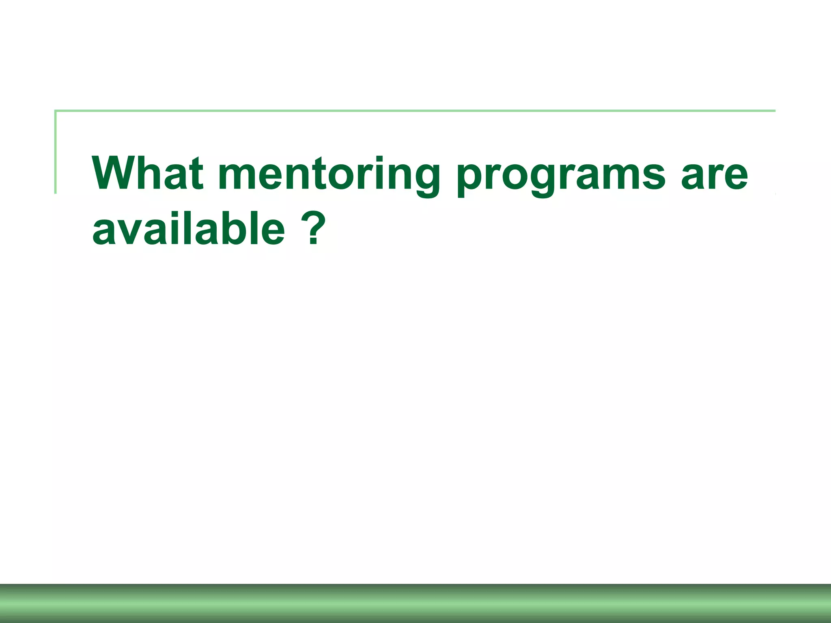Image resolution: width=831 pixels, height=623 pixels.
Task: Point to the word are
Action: coord(714,175)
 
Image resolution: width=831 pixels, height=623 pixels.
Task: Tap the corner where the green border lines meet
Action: coord(56,111)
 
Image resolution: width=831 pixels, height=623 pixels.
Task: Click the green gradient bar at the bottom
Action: coord(415,604)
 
